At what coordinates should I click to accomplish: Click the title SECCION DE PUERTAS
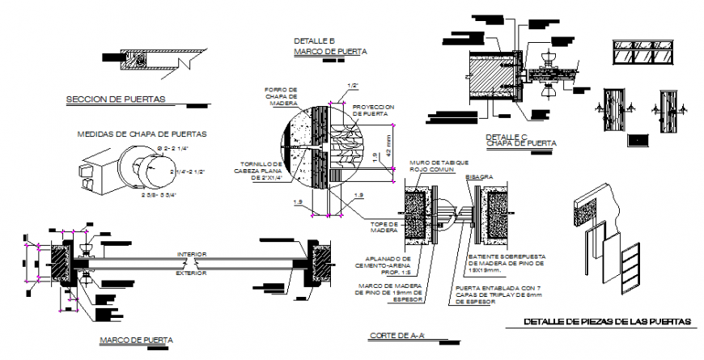115,100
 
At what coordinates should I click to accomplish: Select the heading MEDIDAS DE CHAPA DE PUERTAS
141,133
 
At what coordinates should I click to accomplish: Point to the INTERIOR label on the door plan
192,255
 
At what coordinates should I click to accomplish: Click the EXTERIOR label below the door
192,273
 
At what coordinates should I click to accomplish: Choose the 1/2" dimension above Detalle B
353,86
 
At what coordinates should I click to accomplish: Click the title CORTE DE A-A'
397,336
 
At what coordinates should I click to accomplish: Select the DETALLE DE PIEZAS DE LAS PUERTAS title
608,322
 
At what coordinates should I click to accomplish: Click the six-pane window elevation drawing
645,53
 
